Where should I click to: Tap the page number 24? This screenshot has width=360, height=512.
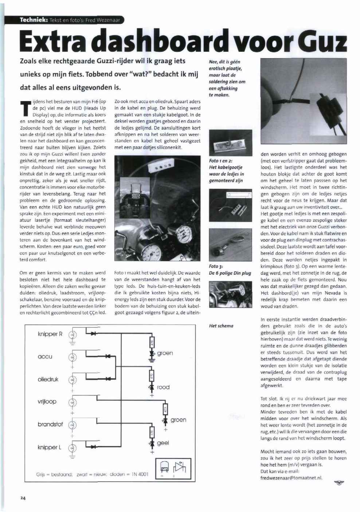(23, 499)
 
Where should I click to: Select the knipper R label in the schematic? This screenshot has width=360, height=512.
(50, 334)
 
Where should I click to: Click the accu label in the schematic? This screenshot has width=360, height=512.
(45, 357)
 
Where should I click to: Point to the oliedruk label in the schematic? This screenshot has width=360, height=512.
(48, 379)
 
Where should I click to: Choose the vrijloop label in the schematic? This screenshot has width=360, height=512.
(47, 402)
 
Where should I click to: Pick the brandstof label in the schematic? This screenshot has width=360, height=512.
(50, 424)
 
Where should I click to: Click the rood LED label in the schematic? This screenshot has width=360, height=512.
(163, 387)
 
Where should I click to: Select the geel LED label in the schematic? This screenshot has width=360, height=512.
(163, 443)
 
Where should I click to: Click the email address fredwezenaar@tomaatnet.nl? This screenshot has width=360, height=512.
(291, 478)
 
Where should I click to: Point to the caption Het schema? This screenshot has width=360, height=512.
(221, 326)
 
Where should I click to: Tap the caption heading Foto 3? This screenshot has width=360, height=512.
(216, 267)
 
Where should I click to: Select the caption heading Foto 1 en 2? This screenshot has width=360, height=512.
(221, 161)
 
